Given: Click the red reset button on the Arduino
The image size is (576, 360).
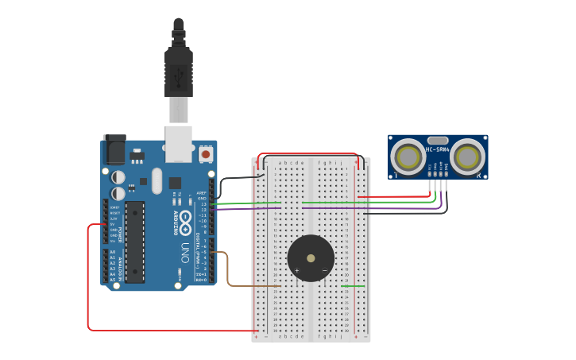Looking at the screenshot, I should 206,154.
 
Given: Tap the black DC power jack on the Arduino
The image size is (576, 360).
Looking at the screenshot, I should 115,149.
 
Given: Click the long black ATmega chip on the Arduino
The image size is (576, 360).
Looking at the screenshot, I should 135,242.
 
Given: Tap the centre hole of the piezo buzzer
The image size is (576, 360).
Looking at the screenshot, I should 311,258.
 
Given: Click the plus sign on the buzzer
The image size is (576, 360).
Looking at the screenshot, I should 296,271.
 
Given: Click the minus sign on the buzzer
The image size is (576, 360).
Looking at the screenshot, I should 324,271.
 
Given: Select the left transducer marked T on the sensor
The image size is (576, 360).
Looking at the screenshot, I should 408,157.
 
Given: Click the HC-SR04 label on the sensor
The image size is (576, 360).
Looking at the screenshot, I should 437,149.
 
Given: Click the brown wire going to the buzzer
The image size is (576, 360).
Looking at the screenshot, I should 228,270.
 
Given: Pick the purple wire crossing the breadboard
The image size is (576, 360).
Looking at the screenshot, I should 246,209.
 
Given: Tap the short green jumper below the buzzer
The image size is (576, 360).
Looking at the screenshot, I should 353,286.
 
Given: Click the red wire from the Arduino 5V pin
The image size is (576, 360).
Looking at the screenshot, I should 88,278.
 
